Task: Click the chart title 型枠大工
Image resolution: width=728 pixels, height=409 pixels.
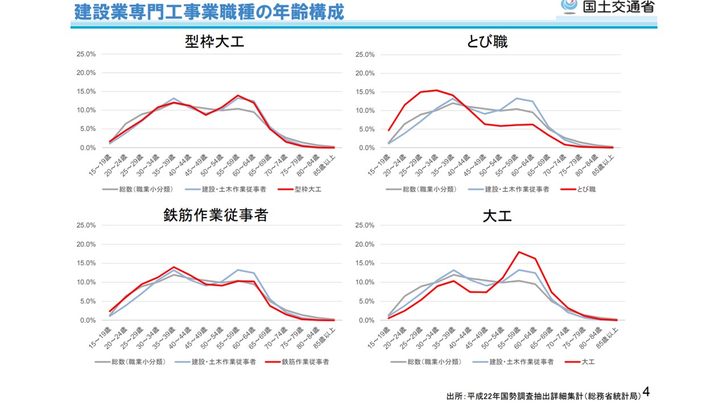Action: point(214,41)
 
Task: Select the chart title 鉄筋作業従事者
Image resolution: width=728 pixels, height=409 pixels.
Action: point(215,215)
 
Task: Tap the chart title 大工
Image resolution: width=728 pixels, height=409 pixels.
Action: point(497,216)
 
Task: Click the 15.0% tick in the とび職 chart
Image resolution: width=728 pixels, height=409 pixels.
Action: point(365,91)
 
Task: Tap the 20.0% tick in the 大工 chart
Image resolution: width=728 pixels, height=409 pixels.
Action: point(365,244)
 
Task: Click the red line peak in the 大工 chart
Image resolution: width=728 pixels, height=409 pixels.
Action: point(519,252)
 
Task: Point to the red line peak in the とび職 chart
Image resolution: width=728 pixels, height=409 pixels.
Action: point(436,90)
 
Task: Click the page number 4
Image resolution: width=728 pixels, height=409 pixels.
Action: point(646,391)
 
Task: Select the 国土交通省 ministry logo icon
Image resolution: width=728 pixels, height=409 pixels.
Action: point(568,6)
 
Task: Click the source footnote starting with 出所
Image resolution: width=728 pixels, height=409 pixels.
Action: point(543,396)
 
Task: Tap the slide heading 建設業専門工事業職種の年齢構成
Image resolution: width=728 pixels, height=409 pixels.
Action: point(209,11)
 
